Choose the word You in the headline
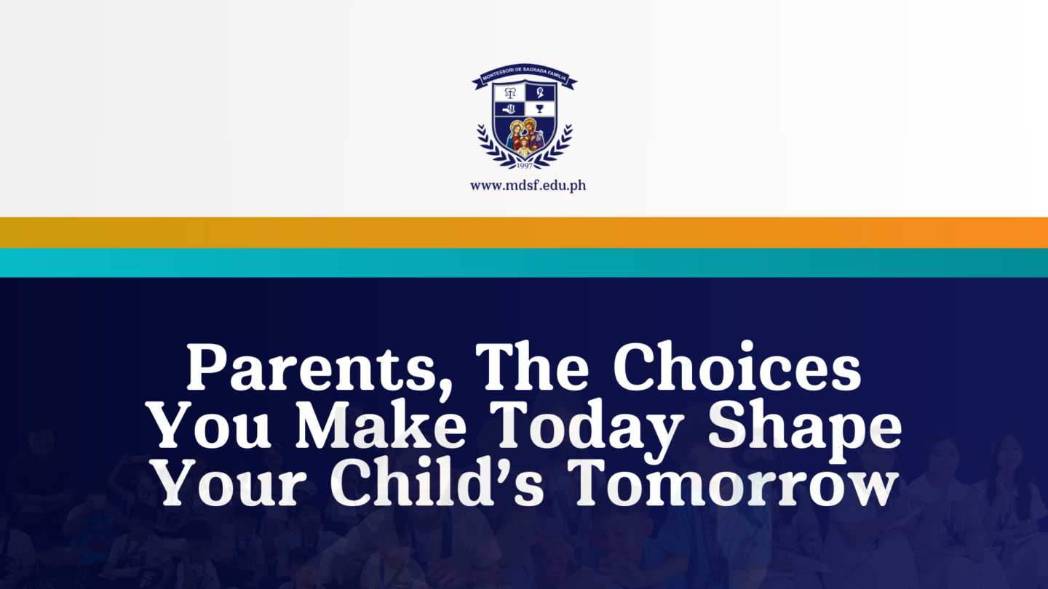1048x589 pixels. click(x=211, y=425)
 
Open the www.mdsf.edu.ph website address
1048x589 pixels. click(x=528, y=185)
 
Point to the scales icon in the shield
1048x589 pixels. click(x=509, y=93)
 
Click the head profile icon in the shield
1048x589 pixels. click(x=539, y=93)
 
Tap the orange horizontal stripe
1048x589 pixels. click(x=524, y=232)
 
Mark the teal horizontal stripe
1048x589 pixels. click(x=524, y=263)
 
